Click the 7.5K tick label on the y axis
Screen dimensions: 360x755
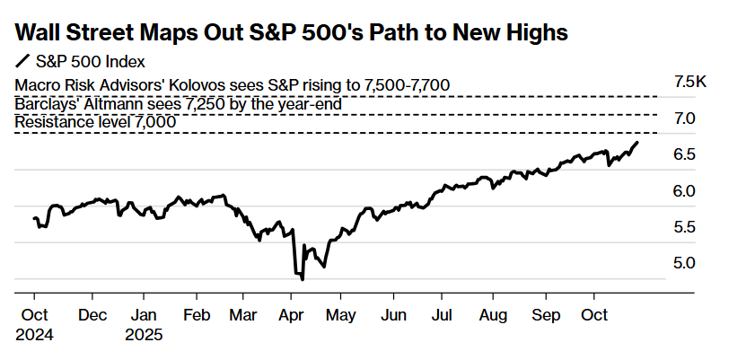pos(690,82)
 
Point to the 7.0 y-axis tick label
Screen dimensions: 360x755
pos(685,119)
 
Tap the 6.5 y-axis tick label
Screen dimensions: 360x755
pos(685,154)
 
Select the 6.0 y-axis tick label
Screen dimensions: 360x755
pos(685,190)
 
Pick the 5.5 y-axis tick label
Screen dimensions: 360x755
pos(685,226)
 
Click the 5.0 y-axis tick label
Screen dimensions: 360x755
pos(685,262)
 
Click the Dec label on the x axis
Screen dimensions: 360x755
pos(93,315)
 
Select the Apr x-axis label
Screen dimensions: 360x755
pos(292,315)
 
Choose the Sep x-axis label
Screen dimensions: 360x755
pos(546,315)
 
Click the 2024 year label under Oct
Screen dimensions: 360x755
pos(34,335)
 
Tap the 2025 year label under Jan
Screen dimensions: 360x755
pos(145,335)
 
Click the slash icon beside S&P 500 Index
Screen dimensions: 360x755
pos(22,62)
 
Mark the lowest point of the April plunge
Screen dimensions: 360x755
pos(303,279)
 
